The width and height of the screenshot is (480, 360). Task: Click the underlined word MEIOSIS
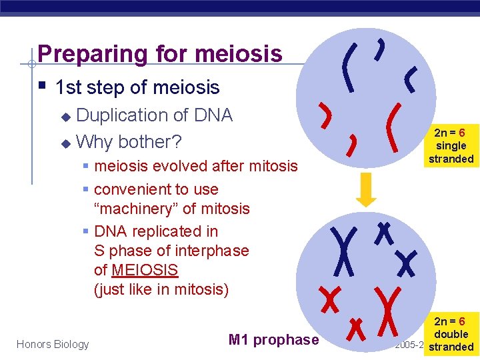pyautogui.click(x=145, y=270)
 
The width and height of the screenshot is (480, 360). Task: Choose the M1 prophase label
pyautogui.click(x=273, y=340)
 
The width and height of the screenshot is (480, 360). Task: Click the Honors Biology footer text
pyautogui.click(x=53, y=344)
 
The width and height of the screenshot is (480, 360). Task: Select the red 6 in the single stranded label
pyautogui.click(x=461, y=133)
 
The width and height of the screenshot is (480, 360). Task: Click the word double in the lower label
pyautogui.click(x=451, y=334)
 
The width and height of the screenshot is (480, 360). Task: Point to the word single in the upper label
pyautogui.click(x=451, y=146)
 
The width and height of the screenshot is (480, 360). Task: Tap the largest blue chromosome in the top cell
pyautogui.click(x=347, y=66)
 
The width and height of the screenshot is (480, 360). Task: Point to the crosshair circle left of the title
pyautogui.click(x=31, y=64)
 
